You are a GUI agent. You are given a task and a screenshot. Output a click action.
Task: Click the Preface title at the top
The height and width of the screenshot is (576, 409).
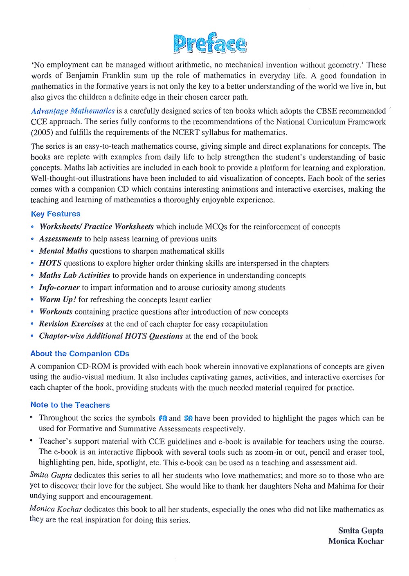(209, 44)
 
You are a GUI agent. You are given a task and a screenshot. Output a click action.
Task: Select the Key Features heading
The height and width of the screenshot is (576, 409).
(56, 214)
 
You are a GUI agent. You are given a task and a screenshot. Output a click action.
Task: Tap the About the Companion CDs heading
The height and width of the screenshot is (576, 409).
(80, 354)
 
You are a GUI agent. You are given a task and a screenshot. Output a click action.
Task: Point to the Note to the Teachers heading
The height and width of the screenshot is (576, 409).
(70, 405)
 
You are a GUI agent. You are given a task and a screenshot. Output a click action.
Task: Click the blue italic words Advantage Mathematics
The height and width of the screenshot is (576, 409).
(73, 111)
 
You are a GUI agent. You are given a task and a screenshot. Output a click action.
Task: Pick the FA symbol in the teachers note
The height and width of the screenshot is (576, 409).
(163, 418)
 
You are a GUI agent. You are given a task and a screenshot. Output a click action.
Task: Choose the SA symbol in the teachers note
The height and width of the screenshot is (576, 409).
(188, 418)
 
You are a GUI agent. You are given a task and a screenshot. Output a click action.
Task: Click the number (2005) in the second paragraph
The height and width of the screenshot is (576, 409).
(42, 132)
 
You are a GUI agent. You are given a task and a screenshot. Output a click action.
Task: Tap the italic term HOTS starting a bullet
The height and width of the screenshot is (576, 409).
(50, 263)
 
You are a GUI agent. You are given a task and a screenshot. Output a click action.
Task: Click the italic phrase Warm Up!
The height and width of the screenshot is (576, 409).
(57, 300)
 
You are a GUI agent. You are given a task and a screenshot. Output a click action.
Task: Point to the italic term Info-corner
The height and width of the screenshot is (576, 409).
(59, 288)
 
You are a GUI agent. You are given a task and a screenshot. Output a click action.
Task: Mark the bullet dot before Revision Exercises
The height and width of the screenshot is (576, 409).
(32, 324)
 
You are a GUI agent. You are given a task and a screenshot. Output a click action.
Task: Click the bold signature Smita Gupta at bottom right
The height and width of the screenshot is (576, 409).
(361, 531)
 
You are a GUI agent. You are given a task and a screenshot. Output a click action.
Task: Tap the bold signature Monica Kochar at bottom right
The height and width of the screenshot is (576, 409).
(356, 541)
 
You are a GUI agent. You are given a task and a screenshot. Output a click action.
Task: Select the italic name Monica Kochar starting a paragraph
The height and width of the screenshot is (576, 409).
(56, 509)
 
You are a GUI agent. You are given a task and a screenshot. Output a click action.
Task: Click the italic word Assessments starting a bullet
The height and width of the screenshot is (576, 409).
(60, 239)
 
